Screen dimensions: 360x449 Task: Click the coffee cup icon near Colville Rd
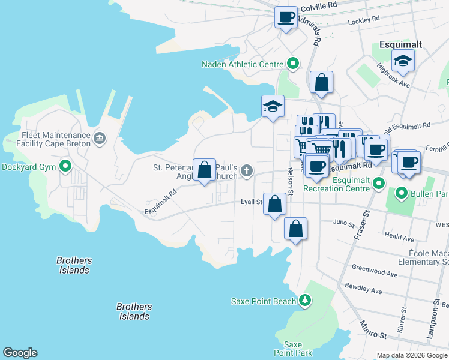point(286,16)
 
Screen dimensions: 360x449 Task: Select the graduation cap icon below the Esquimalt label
point(403,60)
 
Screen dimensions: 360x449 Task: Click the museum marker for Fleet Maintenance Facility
point(100,139)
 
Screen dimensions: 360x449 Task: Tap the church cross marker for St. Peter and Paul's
point(246,172)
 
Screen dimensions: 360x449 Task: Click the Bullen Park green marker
point(401,193)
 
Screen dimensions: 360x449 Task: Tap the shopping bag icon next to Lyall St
point(274,204)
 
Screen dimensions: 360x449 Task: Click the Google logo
point(20,353)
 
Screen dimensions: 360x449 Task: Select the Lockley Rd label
point(364,20)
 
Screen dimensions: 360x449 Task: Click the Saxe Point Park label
point(292,349)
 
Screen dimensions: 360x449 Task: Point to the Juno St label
point(343,223)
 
